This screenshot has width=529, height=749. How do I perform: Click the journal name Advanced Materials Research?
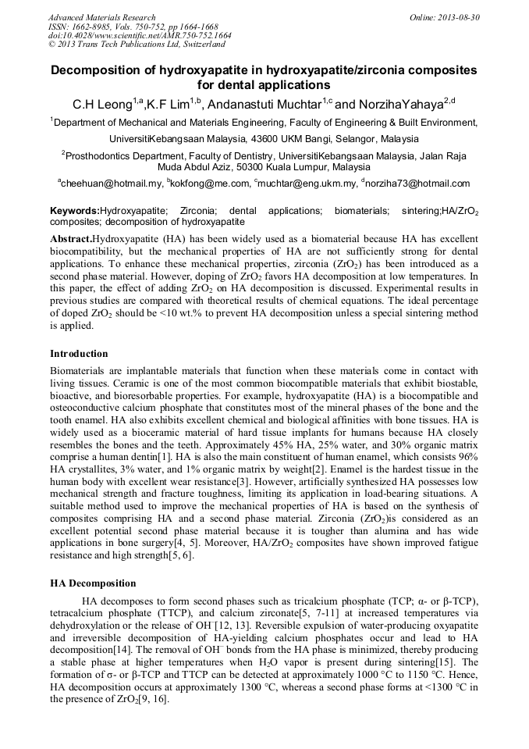pos(102,17)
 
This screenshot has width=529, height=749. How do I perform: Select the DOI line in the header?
pos(140,35)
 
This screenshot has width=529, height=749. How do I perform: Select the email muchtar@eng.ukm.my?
pos(304,184)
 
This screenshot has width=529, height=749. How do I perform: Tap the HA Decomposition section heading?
pos(93,583)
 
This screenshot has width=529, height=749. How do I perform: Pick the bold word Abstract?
pos(70,237)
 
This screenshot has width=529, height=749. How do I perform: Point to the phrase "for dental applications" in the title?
pos(264,85)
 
